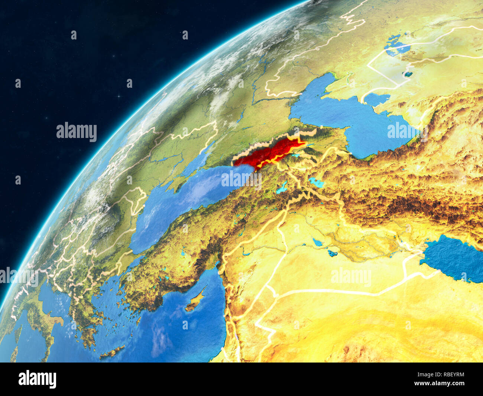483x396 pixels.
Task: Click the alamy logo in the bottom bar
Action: pos(37,379)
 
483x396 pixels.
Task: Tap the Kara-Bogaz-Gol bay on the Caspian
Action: pos(375,99)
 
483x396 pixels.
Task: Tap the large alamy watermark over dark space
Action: pos(77,132)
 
